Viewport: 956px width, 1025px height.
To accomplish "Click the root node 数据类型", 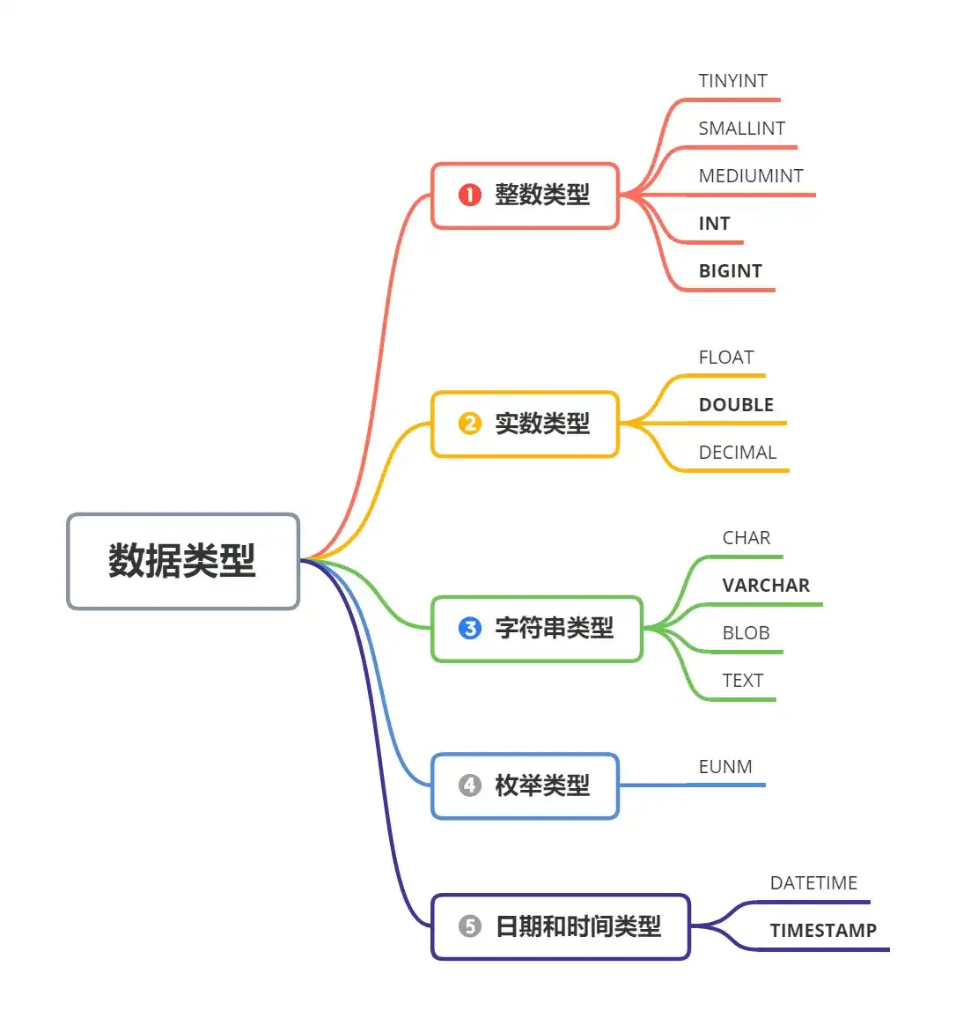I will pos(182,561).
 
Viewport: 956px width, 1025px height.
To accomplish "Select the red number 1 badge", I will pos(470,195).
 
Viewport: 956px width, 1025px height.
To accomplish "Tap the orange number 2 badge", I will pos(470,424).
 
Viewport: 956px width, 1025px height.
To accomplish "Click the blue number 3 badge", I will pos(470,628).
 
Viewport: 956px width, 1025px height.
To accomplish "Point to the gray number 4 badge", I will pos(470,785).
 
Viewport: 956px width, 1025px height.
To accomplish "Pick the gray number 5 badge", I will pos(470,926).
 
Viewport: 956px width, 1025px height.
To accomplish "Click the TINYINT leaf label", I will pos(732,81).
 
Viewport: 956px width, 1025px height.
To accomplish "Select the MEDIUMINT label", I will pos(750,176).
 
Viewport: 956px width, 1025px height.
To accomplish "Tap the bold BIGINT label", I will pos(730,271).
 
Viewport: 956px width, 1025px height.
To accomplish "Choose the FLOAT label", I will pos(725,358).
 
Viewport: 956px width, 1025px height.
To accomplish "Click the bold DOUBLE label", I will pos(736,405).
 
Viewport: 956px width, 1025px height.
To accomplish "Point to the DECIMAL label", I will pos(737,453).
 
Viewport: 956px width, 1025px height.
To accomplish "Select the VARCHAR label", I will pos(766,586).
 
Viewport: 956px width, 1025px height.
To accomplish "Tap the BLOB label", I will pos(746,633).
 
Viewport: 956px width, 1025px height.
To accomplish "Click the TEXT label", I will pos(742,681).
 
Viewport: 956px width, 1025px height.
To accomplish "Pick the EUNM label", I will pos(725,767).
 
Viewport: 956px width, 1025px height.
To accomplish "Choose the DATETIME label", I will pos(813,883).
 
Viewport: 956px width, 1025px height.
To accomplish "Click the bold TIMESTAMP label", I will pos(823,931).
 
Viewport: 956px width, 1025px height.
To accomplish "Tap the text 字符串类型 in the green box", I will pos(554,628).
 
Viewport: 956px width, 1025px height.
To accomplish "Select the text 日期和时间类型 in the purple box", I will pos(577,926).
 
